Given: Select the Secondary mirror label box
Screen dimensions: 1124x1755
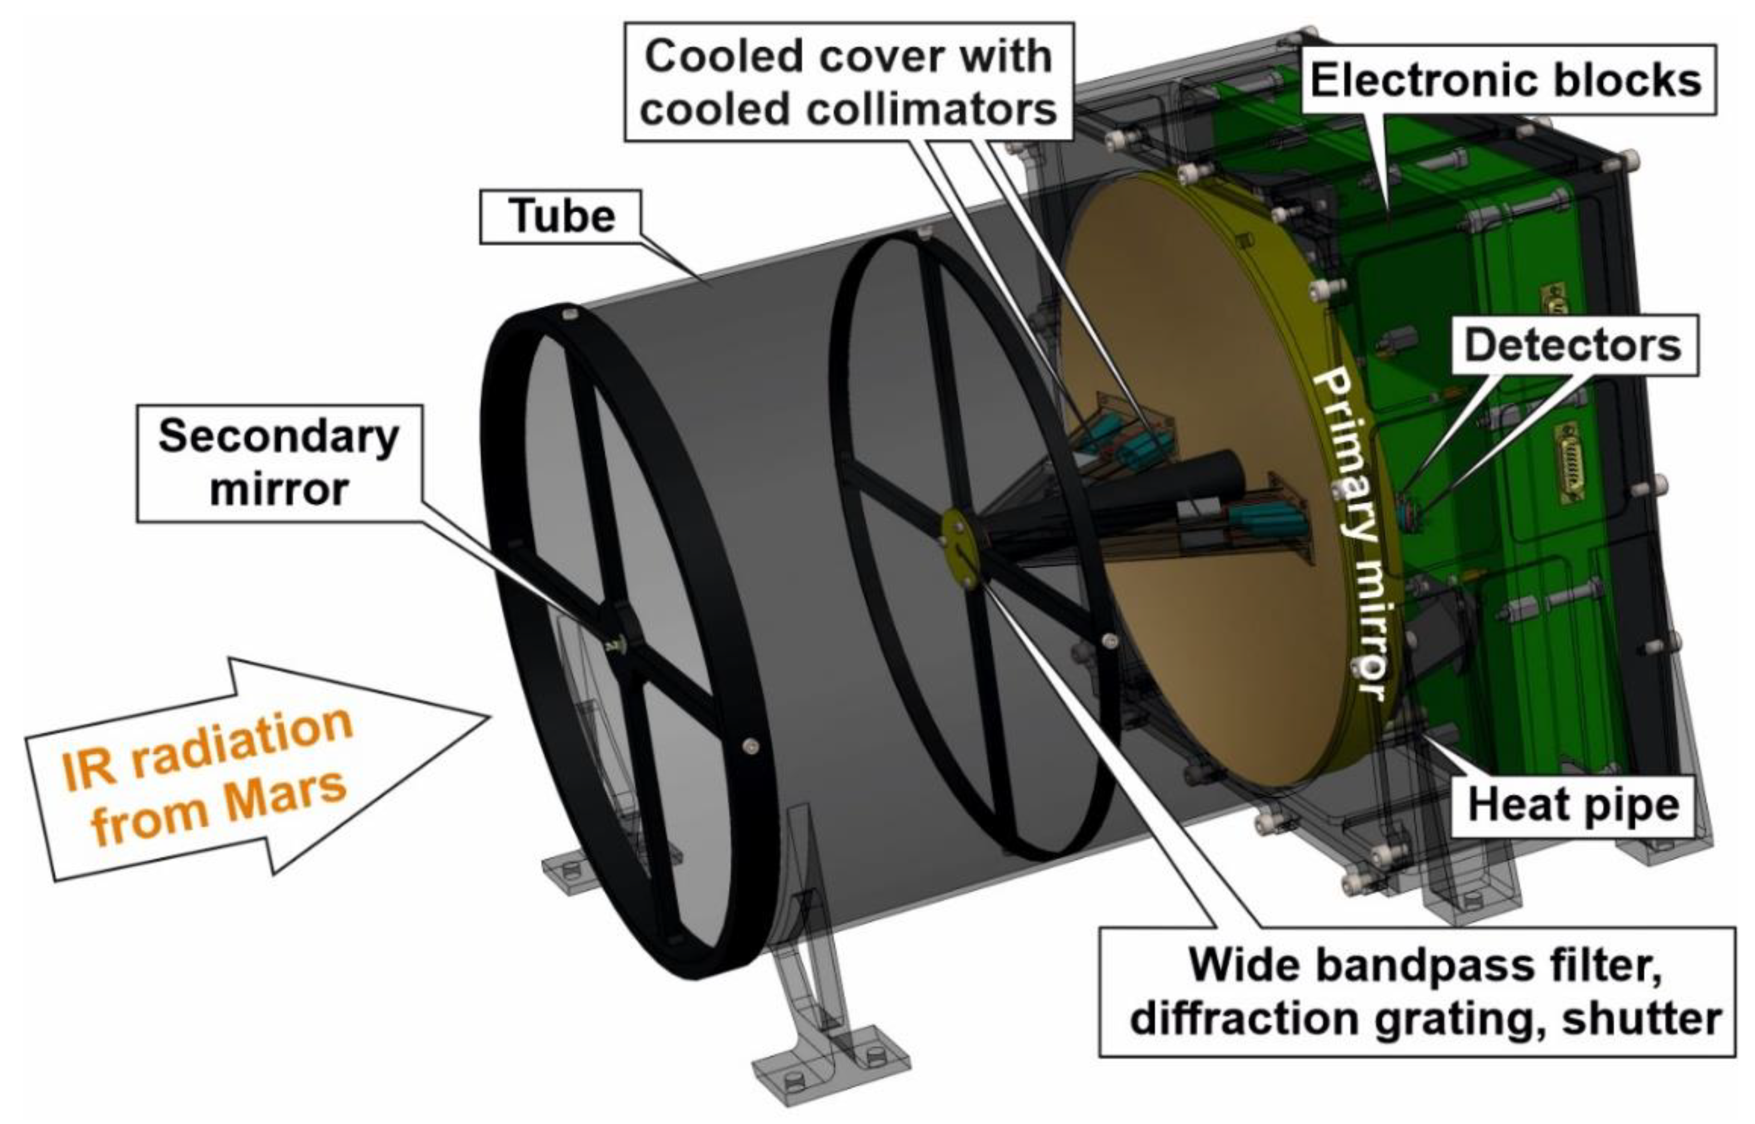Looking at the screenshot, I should pos(279,464).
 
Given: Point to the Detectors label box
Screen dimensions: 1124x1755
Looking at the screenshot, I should pos(1572,345).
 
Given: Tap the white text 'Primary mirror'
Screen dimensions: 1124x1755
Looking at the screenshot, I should pos(1351,533).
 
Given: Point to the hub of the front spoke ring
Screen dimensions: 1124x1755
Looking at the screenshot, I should pos(620,643).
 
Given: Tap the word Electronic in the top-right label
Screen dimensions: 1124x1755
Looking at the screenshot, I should pos(1425,80).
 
